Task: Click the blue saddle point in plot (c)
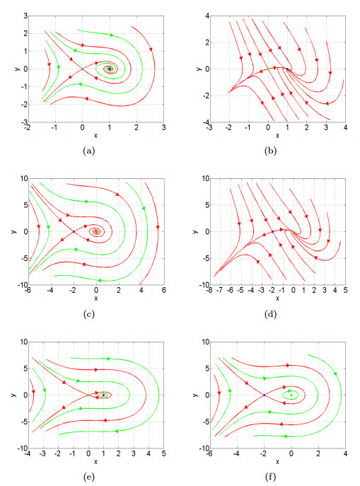pos(74,231)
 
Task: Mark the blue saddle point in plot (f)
pos(264,395)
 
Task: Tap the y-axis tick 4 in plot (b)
pos(205,15)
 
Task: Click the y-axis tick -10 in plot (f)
pos(202,449)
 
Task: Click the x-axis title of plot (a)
pos(95,135)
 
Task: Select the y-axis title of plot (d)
pos(193,231)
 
